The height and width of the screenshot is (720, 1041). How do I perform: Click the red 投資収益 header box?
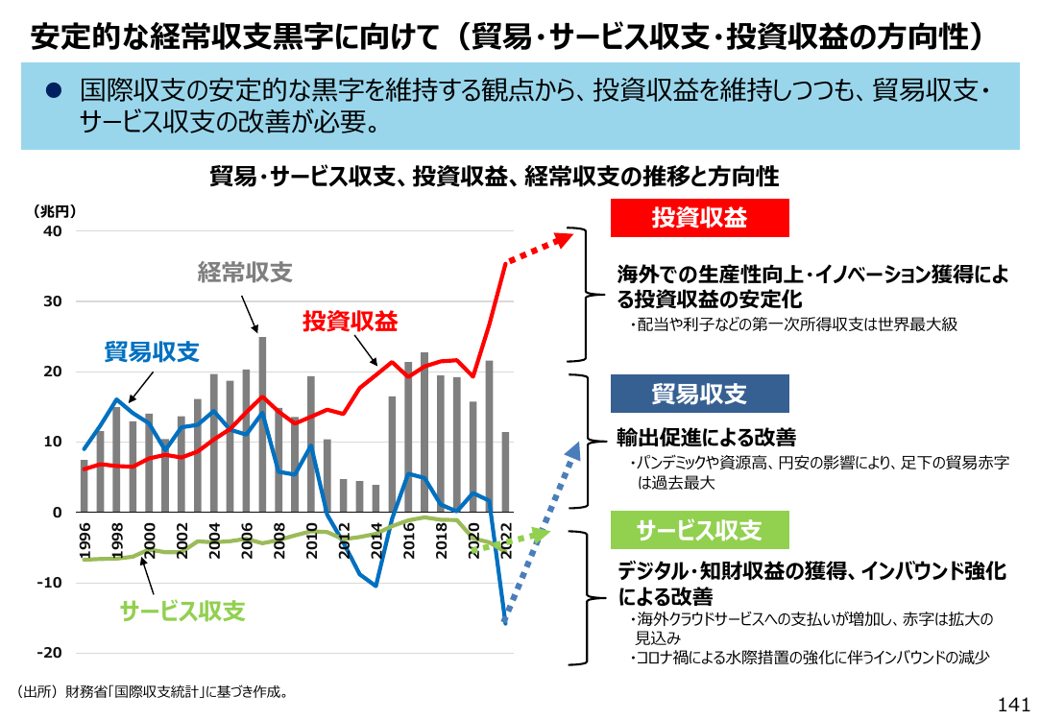coord(700,218)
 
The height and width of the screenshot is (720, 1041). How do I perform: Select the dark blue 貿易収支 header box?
coord(700,394)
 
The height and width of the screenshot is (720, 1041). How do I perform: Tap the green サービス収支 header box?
coord(700,530)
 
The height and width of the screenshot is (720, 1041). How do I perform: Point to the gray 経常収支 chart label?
coord(245,272)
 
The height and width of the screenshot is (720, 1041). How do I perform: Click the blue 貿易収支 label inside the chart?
coord(152,351)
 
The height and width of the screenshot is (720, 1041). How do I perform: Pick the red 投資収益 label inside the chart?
coord(350,322)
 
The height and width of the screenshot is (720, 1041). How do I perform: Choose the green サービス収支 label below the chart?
coord(182,612)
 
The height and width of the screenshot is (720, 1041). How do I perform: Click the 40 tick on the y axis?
coord(53,231)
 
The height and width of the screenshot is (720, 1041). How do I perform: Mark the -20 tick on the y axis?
coord(49,653)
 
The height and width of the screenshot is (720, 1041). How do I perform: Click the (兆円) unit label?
coord(55,212)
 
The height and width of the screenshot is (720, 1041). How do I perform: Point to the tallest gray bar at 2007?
coord(262,424)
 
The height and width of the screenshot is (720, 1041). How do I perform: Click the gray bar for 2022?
coord(505,471)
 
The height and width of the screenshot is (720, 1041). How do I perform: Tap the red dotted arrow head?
coord(564,238)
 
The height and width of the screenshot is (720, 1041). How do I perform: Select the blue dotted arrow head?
coord(573,451)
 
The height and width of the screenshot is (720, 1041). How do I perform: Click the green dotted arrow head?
coord(543,534)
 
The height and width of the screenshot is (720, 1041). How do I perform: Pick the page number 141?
coord(1014,705)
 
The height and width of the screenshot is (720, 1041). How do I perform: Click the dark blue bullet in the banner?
coord(53,90)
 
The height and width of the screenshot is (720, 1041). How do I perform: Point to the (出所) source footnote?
coord(154,691)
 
